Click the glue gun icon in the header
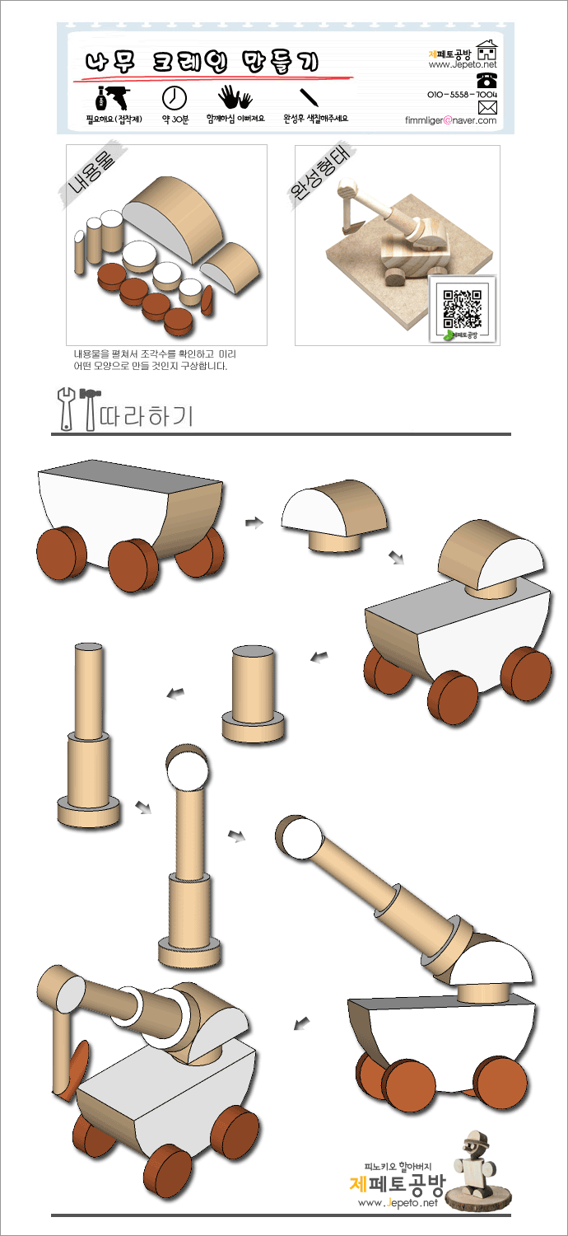pos(113,98)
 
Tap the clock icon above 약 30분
pos(175,98)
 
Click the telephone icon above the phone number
pos(487,81)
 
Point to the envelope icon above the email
pos(487,107)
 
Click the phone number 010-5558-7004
pos(462,95)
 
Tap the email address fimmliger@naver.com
pos(450,120)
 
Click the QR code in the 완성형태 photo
pos(462,308)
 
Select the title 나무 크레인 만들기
pos(202,62)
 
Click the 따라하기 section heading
pos(147,415)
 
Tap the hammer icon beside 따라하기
pos(90,409)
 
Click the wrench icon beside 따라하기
pos(66,409)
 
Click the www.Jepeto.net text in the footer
pos(398,1203)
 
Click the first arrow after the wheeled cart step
pos(254,522)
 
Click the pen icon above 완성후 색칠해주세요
pos(310,97)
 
